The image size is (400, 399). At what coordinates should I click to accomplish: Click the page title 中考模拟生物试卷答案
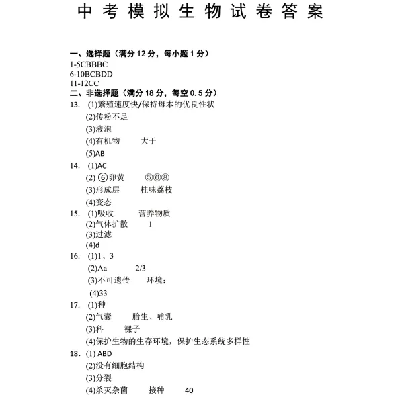(200, 12)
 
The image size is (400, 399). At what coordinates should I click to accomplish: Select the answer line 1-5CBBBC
(88, 64)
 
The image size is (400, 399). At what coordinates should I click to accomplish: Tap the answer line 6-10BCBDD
(91, 74)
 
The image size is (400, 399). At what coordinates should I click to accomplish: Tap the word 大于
(149, 141)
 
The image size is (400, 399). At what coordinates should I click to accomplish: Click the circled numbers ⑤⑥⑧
(157, 178)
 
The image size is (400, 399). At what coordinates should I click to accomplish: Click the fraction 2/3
(141, 268)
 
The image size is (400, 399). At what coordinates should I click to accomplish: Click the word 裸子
(132, 329)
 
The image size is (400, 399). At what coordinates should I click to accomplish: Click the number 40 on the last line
(188, 390)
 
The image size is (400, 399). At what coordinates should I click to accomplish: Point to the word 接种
(156, 390)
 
